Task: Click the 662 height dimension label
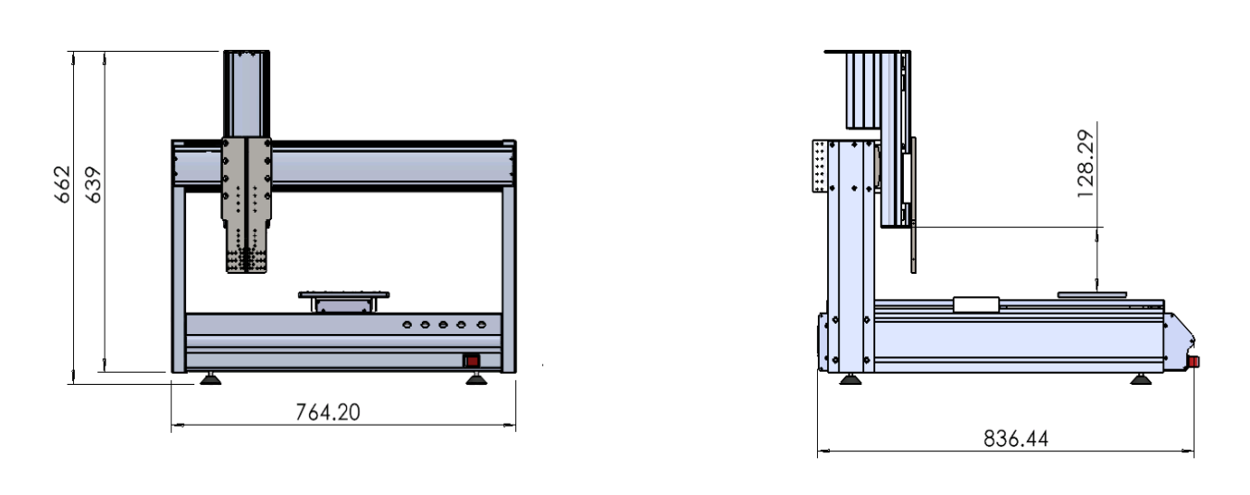coord(63,184)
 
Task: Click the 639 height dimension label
coord(93,185)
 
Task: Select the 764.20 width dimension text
coord(328,413)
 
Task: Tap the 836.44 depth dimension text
coord(1016,439)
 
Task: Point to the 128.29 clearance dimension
coord(1085,164)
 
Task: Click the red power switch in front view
coord(472,361)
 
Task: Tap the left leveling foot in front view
coord(211,379)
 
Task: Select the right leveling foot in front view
coord(476,379)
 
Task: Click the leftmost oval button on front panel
coord(407,324)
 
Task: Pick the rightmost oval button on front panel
coord(481,324)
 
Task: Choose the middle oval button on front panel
coord(443,324)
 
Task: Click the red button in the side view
coord(1193,362)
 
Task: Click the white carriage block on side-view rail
coord(976,304)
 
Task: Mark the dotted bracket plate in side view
coord(820,167)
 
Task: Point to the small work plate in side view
coord(1092,294)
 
